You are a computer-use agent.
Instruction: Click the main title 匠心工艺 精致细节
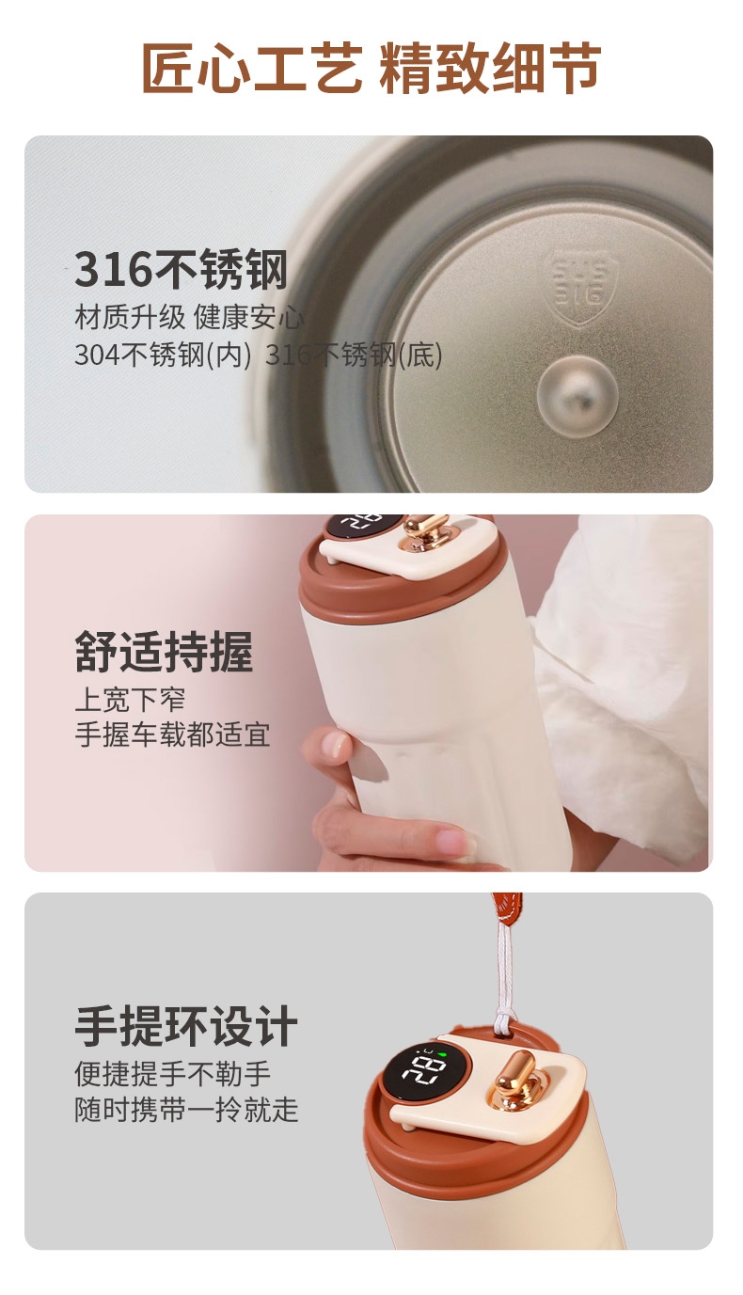click(x=371, y=67)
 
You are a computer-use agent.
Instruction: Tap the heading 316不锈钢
click(x=181, y=269)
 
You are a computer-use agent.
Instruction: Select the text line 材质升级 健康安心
click(x=189, y=317)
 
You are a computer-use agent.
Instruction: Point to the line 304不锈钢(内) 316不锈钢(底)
click(x=259, y=355)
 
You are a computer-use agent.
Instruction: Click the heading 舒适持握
click(x=165, y=652)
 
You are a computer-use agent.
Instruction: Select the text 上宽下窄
click(x=130, y=700)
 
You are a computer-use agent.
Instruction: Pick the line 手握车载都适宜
click(x=172, y=735)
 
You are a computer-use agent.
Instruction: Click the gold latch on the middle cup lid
click(x=424, y=531)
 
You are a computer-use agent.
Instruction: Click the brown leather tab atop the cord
click(x=507, y=909)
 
